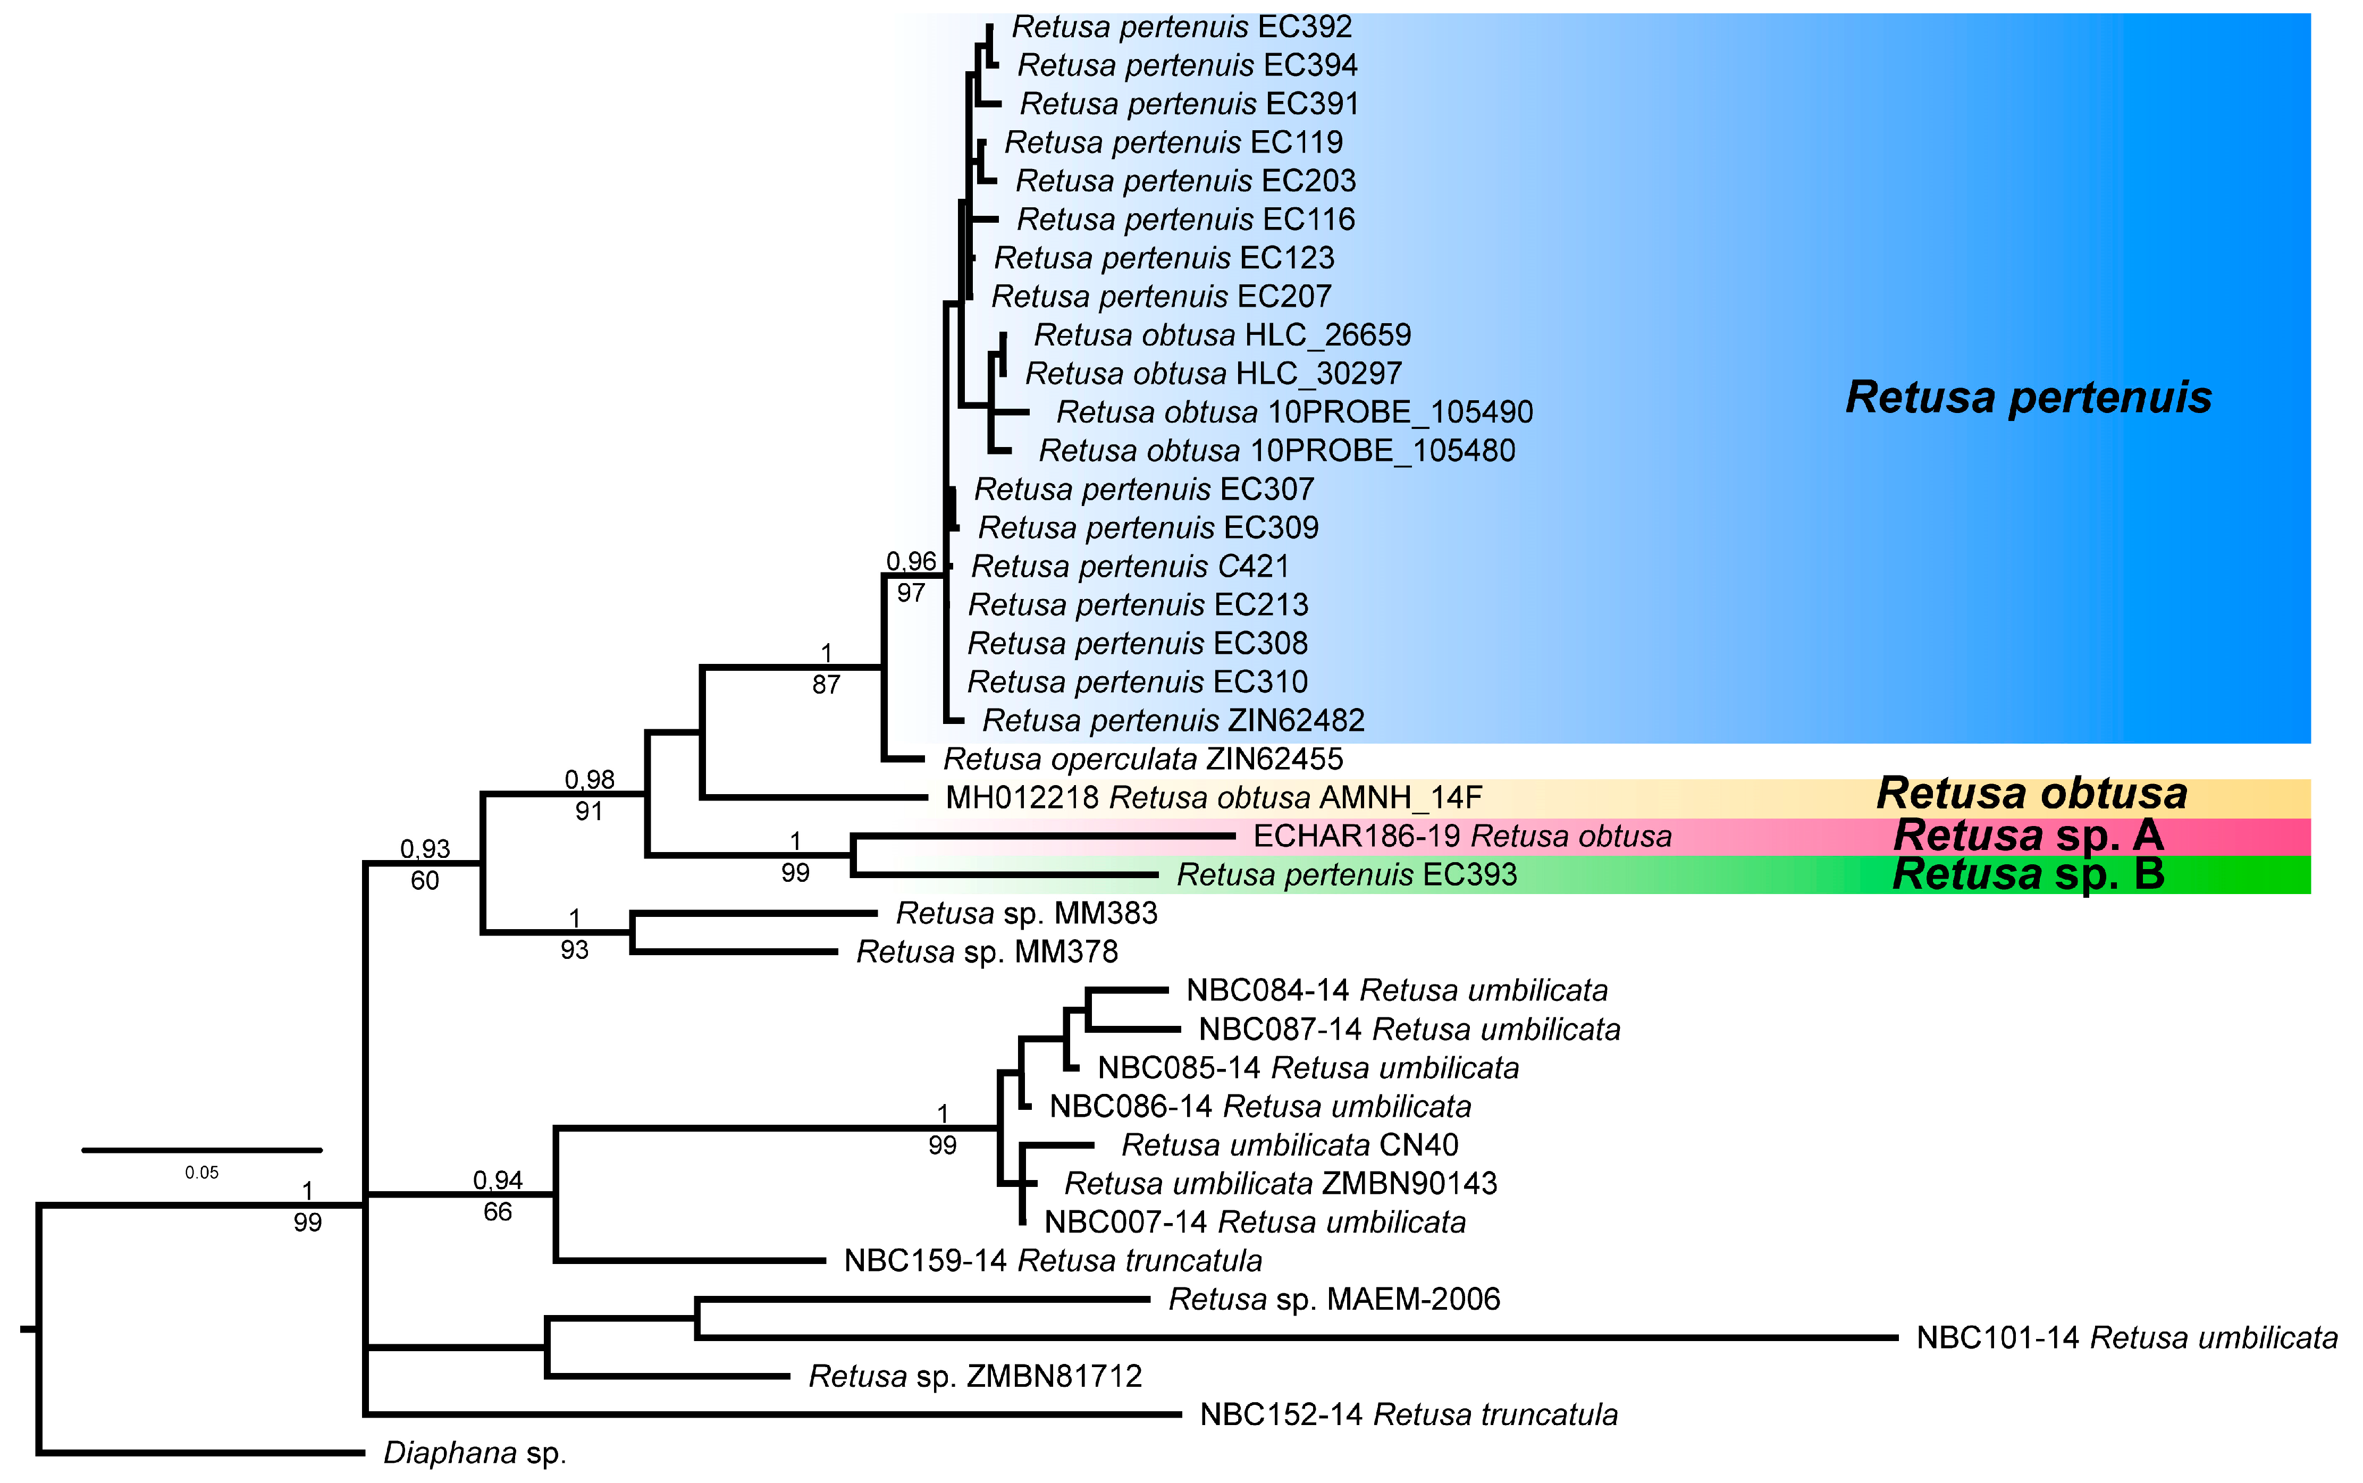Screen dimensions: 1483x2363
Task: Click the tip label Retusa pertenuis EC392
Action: click(x=1181, y=27)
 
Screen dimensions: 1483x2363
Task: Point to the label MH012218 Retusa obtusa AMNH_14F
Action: click(x=1213, y=797)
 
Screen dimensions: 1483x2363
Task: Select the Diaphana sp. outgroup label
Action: click(x=475, y=1453)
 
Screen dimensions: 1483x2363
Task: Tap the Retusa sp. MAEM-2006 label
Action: click(x=1334, y=1300)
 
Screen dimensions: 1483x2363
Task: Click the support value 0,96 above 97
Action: click(x=911, y=561)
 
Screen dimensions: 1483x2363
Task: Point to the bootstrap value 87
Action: click(x=826, y=685)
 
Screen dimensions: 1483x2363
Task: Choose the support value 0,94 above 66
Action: click(x=497, y=1180)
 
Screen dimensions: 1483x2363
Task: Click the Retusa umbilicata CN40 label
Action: click(x=1289, y=1144)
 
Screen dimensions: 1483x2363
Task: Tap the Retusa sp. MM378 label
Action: click(x=987, y=951)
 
